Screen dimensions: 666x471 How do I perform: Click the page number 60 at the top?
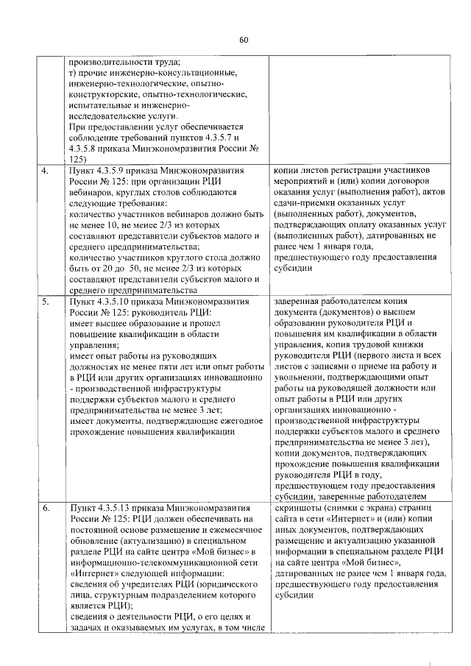[244, 40]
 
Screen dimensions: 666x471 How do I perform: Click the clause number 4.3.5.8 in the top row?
[85, 148]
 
